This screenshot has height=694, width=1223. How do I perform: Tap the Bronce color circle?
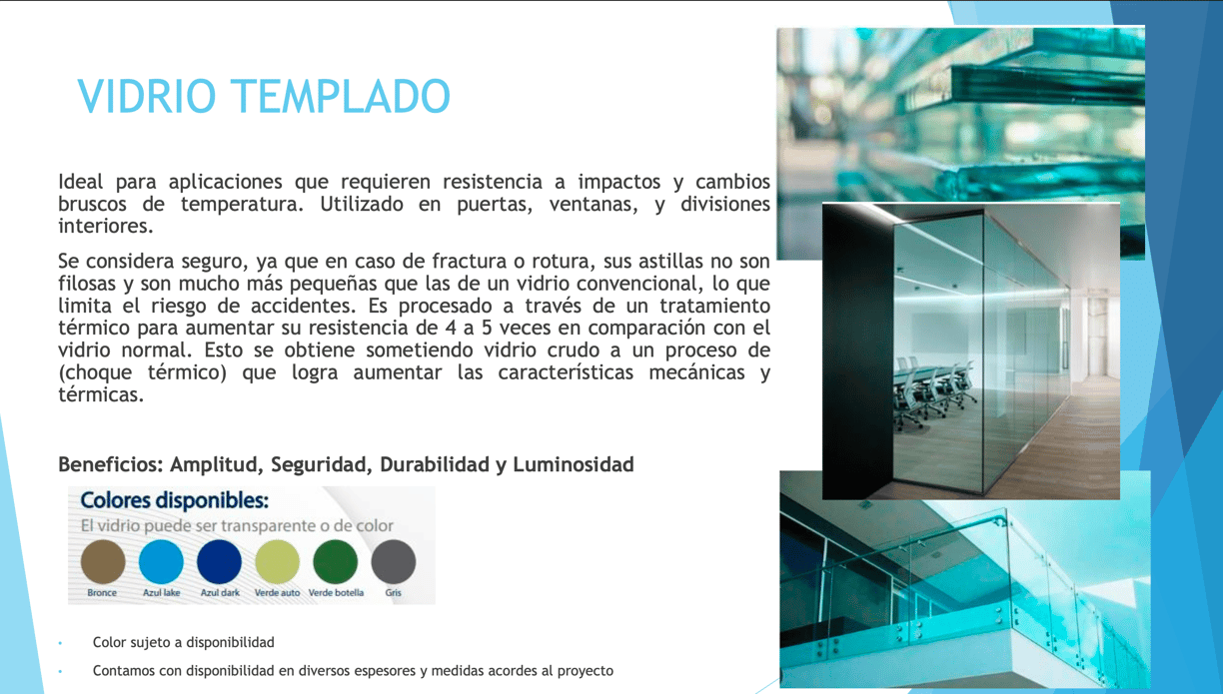[x=103, y=561]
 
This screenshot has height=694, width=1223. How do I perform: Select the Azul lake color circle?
[x=161, y=561]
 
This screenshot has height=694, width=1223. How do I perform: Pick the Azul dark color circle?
[x=219, y=561]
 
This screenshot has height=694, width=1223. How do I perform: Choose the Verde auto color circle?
[x=278, y=561]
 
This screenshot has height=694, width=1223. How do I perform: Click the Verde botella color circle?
[x=336, y=561]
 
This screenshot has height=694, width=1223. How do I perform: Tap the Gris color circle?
[x=393, y=561]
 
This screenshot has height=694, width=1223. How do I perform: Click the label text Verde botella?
[x=336, y=592]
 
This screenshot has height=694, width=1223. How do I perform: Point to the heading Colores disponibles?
[x=174, y=500]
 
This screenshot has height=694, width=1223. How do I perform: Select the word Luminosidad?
[x=574, y=465]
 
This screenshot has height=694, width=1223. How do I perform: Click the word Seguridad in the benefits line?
[x=322, y=465]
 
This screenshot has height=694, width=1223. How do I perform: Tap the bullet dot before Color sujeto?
[x=60, y=643]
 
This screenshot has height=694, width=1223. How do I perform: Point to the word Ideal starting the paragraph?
[x=80, y=181]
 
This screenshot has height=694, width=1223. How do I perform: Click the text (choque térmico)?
[x=143, y=372]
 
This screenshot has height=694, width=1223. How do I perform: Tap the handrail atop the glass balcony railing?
[x=895, y=537]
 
